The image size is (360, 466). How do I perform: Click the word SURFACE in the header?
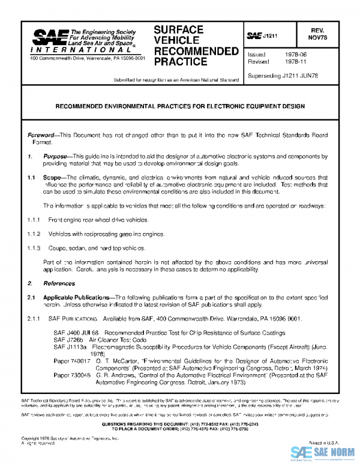(178, 29)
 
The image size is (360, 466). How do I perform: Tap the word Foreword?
(43, 138)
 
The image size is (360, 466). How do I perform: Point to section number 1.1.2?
(34, 234)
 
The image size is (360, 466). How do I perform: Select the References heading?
(59, 282)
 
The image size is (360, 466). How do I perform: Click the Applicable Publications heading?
(77, 297)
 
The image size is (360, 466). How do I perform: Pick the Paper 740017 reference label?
(71, 361)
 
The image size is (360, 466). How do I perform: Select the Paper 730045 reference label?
(71, 375)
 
